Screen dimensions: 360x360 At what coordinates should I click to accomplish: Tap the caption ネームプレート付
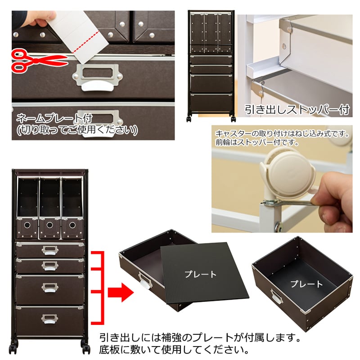point(54,119)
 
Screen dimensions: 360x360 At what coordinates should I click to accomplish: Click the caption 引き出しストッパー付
point(297,110)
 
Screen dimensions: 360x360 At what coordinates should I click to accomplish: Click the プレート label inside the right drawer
point(306,284)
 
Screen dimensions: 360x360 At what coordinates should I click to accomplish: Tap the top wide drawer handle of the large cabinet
point(49,250)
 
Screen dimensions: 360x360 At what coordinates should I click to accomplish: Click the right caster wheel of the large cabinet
point(85,347)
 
